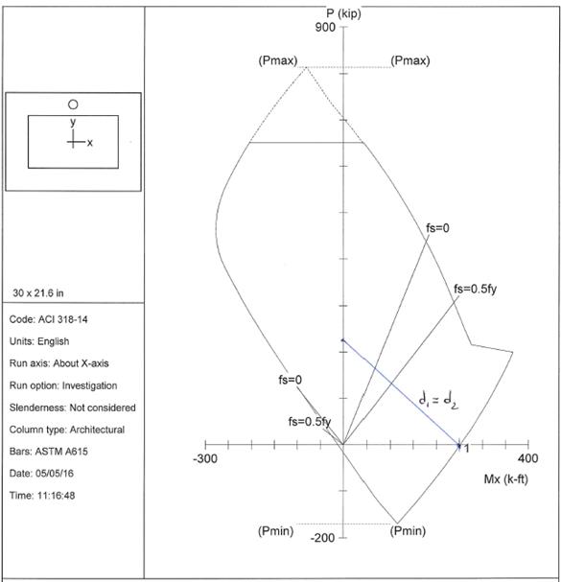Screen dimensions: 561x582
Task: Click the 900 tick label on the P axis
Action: pos(325,28)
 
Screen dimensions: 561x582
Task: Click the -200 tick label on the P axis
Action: pos(322,538)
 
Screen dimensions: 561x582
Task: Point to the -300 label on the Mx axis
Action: pos(205,458)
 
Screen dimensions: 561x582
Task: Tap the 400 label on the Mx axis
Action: pos(527,458)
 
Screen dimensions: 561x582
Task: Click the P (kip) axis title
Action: pos(343,13)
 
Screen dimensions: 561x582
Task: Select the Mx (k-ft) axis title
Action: pos(505,479)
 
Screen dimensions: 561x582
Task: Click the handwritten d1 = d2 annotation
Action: pos(438,400)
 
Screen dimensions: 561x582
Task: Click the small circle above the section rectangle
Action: pos(73,105)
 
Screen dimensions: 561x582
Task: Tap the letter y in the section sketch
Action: pos(73,122)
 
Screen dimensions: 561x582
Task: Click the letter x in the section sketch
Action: pos(90,143)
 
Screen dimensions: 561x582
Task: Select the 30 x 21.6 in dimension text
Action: pos(38,293)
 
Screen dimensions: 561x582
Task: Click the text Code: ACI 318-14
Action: pos(48,319)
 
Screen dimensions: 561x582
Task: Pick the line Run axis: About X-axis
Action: pos(59,363)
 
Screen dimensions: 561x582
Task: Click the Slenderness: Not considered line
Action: pos(72,407)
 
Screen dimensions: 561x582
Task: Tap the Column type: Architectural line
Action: pos(67,430)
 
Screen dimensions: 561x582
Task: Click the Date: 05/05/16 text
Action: pos(41,474)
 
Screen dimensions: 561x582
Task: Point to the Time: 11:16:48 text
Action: pos(42,496)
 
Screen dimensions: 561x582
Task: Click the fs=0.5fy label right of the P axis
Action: pos(475,289)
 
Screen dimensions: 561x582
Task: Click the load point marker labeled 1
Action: pos(459,446)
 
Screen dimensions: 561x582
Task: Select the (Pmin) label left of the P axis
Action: pos(275,531)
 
